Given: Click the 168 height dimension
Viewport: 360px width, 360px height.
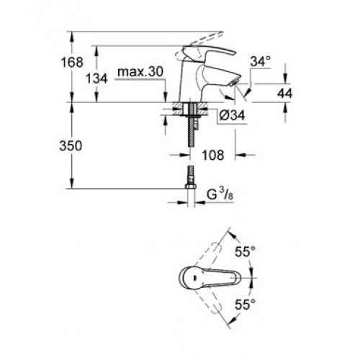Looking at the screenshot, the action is click(x=72, y=62).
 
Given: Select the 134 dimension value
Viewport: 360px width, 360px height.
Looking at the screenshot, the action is click(x=96, y=78).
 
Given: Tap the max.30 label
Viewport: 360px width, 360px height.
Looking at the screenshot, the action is click(x=140, y=71).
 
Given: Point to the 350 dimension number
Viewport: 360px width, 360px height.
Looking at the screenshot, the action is click(x=71, y=145).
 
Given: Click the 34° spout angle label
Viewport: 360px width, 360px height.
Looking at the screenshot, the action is click(x=261, y=61).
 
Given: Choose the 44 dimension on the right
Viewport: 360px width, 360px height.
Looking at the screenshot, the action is click(x=285, y=93).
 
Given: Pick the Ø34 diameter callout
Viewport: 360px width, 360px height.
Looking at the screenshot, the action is click(x=232, y=115).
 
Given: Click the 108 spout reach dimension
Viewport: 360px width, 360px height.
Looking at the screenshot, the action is click(x=213, y=155).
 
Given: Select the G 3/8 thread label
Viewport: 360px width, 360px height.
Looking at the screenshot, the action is click(x=220, y=195).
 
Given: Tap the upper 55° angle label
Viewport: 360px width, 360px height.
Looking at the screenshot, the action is click(x=245, y=252).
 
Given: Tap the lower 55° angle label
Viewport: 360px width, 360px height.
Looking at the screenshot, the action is click(x=245, y=305).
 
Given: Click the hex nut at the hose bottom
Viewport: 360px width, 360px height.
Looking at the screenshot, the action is click(x=191, y=186).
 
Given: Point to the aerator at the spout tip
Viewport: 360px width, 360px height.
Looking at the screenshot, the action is click(x=233, y=84).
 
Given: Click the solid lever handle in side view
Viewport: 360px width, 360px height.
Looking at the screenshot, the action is click(x=209, y=51).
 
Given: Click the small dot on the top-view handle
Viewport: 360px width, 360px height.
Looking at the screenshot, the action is click(x=194, y=278).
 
